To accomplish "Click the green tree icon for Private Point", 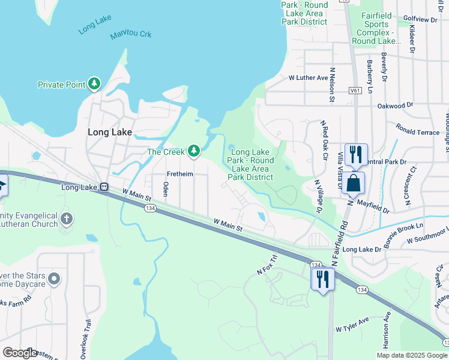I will click(94, 84).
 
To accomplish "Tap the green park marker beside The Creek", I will click(193, 151).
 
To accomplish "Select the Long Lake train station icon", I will click(104, 187).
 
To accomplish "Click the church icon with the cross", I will click(66, 219).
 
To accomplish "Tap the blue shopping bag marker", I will click(354, 182).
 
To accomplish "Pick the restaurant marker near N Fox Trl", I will click(322, 278).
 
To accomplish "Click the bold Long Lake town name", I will click(109, 132).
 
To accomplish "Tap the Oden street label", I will click(166, 193).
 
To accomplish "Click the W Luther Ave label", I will click(309, 77).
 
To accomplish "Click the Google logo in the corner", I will click(20, 352).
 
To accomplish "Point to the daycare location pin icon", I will click(54, 278).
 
